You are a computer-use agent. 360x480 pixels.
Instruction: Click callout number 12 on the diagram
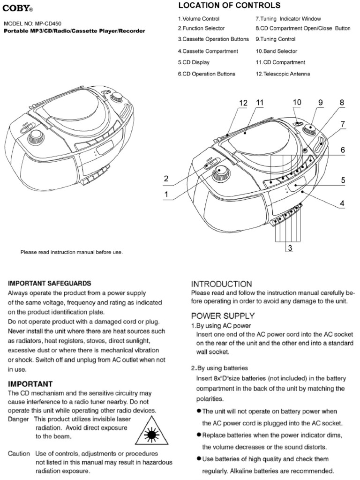click(x=243, y=103)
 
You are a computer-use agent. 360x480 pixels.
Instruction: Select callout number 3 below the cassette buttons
click(x=290, y=249)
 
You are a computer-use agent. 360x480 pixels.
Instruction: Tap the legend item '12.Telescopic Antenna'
click(x=283, y=74)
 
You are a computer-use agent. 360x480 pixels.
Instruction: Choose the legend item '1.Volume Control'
click(x=198, y=19)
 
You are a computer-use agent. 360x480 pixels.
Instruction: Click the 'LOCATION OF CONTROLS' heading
click(x=229, y=6)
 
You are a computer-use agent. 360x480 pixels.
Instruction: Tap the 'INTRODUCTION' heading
click(x=222, y=284)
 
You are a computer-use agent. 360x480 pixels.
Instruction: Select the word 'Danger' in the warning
click(x=19, y=418)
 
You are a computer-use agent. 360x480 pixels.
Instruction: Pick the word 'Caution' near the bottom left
click(x=19, y=454)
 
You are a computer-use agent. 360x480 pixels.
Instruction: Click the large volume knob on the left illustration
click(x=36, y=136)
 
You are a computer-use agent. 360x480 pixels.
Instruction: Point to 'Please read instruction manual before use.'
click(x=71, y=252)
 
